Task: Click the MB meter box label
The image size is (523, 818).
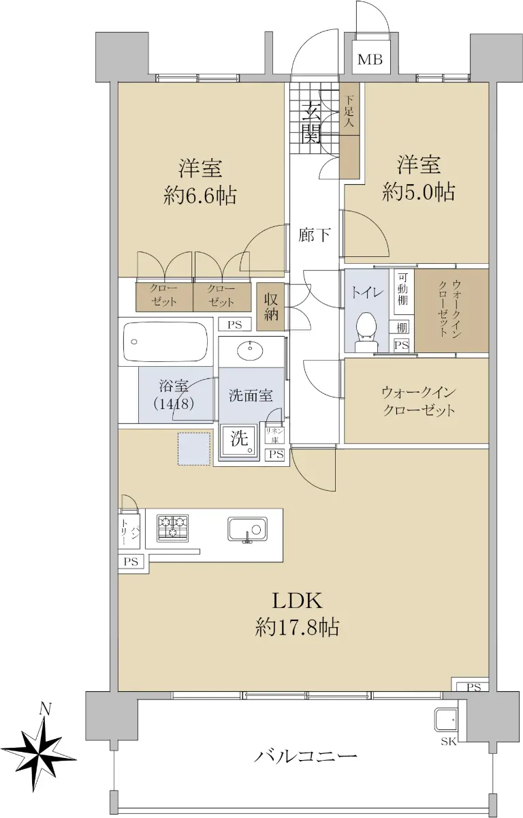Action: pyautogui.click(x=370, y=59)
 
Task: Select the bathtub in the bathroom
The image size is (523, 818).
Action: pyautogui.click(x=165, y=342)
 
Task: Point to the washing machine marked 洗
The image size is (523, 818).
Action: pyautogui.click(x=240, y=441)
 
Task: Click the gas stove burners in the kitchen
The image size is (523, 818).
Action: pyautogui.click(x=172, y=528)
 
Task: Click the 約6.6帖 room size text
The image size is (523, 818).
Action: pyautogui.click(x=200, y=196)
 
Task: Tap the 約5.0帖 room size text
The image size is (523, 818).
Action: pyautogui.click(x=419, y=192)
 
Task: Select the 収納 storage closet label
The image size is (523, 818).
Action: pyautogui.click(x=270, y=307)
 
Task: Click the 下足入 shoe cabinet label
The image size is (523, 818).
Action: pyautogui.click(x=349, y=110)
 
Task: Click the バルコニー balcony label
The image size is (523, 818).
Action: pyautogui.click(x=305, y=755)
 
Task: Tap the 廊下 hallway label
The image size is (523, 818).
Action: pyautogui.click(x=314, y=235)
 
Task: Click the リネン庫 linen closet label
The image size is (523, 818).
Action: pyautogui.click(x=274, y=435)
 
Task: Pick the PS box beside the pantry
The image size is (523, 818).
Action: pyautogui.click(x=131, y=562)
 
